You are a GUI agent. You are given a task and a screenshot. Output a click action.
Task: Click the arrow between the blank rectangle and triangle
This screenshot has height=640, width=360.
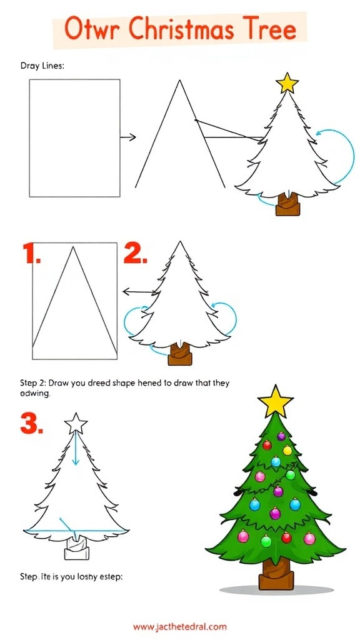tap(128, 137)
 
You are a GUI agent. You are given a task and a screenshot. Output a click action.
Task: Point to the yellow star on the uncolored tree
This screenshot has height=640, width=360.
tap(288, 82)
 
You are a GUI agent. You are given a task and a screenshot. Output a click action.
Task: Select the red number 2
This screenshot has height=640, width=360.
tap(136, 254)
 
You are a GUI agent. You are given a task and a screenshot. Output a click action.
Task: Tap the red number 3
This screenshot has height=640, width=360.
tap(32, 424)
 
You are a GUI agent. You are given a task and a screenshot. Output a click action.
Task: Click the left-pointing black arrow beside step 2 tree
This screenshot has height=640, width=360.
tap(138, 291)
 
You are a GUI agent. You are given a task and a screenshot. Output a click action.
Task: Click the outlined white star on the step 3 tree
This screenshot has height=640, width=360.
tap(76, 423)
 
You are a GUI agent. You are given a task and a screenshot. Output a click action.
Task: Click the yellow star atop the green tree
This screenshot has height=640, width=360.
tap(275, 401)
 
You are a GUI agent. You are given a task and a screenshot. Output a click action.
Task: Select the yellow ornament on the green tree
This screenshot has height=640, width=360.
tap(287, 450)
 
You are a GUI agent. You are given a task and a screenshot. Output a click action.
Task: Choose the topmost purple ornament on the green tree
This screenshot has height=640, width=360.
tap(281, 436)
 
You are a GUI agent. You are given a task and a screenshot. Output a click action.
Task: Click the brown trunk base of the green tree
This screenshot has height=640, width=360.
tap(276, 574)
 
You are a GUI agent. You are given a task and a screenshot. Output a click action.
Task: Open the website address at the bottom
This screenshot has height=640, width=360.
tap(180, 626)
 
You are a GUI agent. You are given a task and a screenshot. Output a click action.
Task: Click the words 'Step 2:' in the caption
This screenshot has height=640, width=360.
tap(32, 382)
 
